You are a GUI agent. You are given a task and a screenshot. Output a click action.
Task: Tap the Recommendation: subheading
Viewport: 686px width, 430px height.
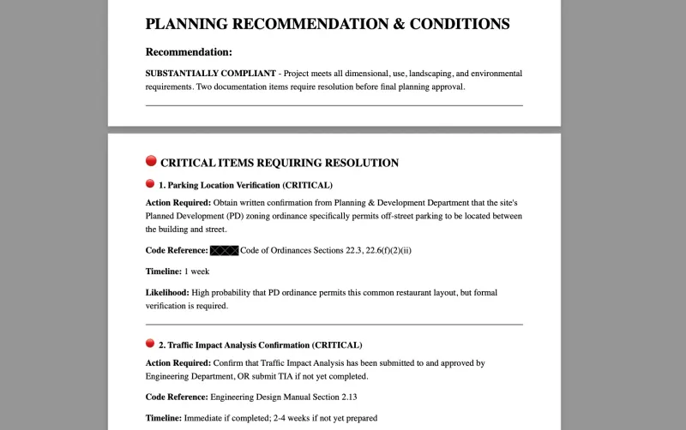[x=189, y=52]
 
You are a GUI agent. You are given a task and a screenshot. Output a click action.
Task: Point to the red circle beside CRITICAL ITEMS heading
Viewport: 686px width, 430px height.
[x=151, y=161]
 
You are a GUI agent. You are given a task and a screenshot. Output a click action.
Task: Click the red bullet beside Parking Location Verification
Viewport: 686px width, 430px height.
[x=150, y=184]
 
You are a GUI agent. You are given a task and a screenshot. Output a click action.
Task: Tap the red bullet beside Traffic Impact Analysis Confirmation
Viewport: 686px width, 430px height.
[x=150, y=343]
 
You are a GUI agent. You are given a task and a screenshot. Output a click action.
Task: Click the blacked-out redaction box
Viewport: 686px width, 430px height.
[x=225, y=250]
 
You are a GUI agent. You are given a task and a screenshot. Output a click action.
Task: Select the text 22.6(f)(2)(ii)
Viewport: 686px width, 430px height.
[x=388, y=250]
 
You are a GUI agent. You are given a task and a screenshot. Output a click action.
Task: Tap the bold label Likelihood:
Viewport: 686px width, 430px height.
[x=167, y=293]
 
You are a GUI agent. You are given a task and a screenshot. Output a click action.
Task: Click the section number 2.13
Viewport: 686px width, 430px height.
[x=345, y=397]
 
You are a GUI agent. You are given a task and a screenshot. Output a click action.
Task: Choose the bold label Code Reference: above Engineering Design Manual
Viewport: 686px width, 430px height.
[x=177, y=397]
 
